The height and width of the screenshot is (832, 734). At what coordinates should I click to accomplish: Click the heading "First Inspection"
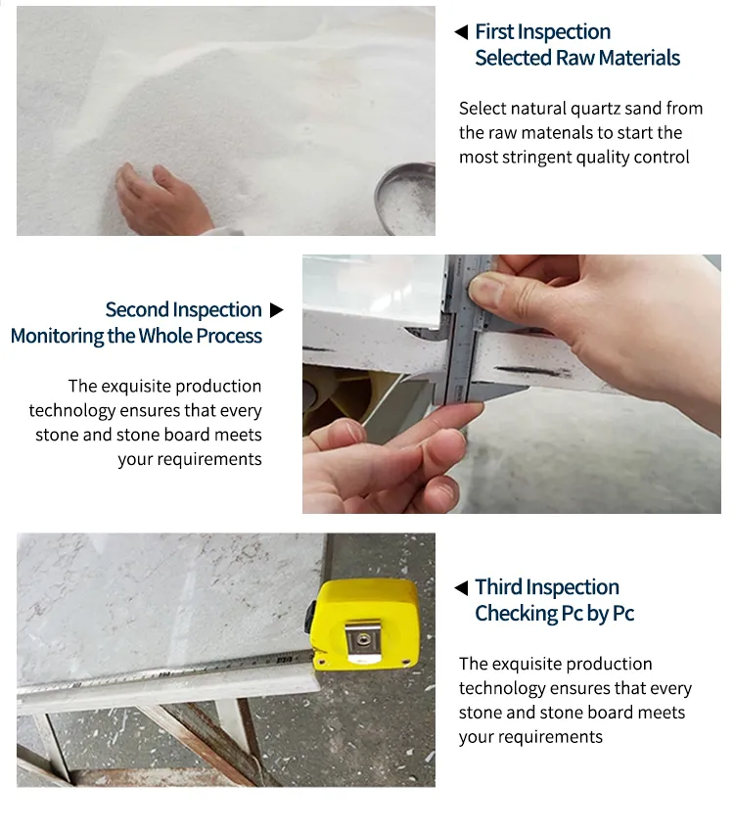tap(542, 32)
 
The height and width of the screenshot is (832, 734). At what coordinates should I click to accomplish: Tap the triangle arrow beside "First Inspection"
tap(461, 32)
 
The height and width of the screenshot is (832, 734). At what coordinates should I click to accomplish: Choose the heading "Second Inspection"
tap(183, 310)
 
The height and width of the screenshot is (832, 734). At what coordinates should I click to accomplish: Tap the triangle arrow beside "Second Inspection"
tap(276, 310)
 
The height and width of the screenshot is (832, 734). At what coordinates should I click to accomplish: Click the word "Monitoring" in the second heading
tap(57, 336)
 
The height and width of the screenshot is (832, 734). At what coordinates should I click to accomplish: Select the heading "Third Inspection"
tap(547, 587)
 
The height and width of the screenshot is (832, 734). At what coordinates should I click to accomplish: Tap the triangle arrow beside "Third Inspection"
tap(461, 587)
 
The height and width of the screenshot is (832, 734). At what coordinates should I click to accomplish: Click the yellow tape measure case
tap(363, 626)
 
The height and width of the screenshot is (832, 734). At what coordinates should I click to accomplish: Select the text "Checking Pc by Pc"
tap(554, 614)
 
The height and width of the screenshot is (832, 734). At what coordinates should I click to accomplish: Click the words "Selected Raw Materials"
tap(577, 58)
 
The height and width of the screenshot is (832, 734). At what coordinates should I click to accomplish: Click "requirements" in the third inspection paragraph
tap(530, 737)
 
